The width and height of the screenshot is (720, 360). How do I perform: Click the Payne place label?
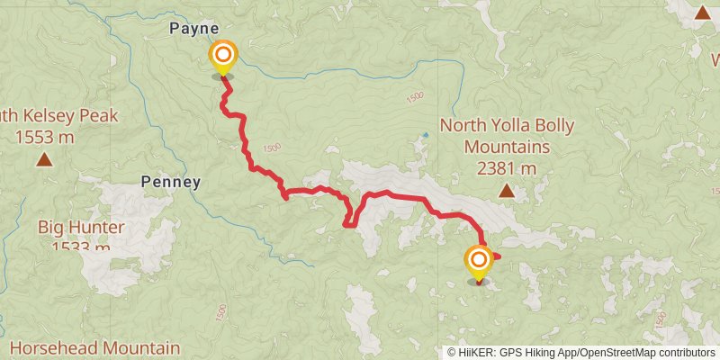194,29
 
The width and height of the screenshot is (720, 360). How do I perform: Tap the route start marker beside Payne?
222,57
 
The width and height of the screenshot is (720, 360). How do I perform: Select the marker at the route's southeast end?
478,263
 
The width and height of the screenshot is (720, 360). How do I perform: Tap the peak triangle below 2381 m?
507,191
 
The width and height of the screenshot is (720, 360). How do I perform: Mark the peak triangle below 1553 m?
43,160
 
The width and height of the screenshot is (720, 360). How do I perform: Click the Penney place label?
171,182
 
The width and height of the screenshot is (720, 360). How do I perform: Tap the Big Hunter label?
81,227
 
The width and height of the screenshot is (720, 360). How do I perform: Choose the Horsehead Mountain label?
94,347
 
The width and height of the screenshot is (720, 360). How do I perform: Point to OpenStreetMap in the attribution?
616,352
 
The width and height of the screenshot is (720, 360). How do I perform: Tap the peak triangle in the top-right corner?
702,12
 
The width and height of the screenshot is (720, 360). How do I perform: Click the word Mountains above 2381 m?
506,147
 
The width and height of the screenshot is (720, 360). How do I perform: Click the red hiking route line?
396,196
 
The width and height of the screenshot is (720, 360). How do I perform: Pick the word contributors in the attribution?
686,352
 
